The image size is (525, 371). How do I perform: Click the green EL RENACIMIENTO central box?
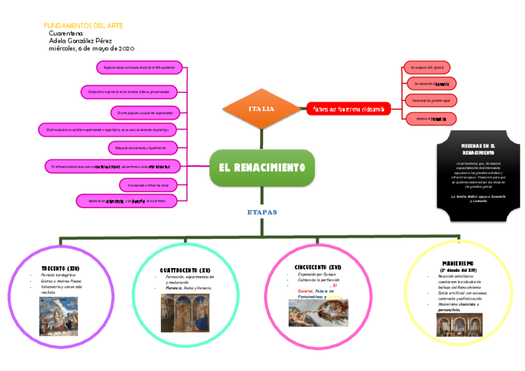pos(262,167)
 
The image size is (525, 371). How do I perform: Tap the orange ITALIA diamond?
pos(261,109)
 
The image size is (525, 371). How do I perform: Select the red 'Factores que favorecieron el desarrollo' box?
pos(349,109)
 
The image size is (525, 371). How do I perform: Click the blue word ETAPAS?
pos(262,212)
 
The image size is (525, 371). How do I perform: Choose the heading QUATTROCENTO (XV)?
pos(185,271)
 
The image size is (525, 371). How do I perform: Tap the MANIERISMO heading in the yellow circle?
pos(459,263)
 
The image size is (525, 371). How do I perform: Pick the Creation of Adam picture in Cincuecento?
pos(318,313)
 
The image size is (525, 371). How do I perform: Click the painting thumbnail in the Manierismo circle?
pos(459,324)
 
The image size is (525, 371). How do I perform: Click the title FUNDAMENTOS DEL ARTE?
pos(83,25)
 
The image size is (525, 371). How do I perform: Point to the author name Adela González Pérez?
pos(80,40)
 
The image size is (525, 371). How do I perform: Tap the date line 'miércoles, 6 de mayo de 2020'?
pos(91,48)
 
